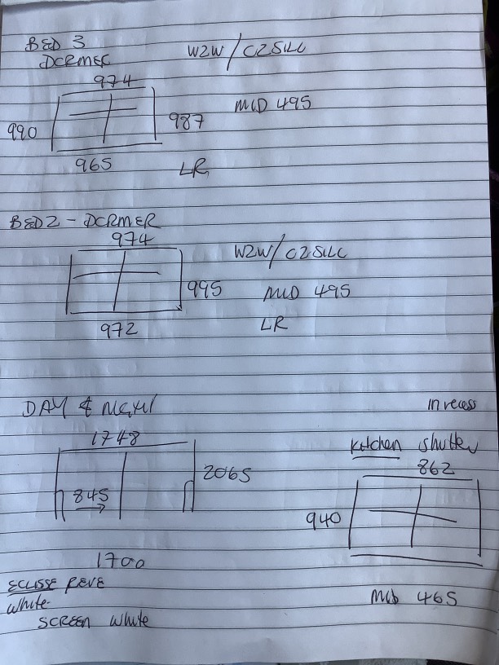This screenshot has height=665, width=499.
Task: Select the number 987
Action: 186,122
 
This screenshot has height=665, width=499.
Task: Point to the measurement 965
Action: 94,164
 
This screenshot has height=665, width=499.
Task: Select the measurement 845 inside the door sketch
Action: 91,495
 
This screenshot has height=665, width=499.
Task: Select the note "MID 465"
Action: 413,600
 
